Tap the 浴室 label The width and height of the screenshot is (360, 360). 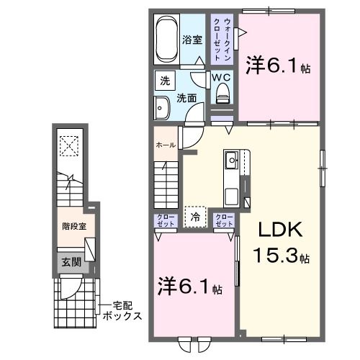point(192,40)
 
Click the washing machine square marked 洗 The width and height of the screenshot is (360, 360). point(164,81)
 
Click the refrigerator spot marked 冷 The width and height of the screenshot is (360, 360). point(195,215)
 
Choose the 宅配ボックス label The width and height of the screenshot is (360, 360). point(120,311)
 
